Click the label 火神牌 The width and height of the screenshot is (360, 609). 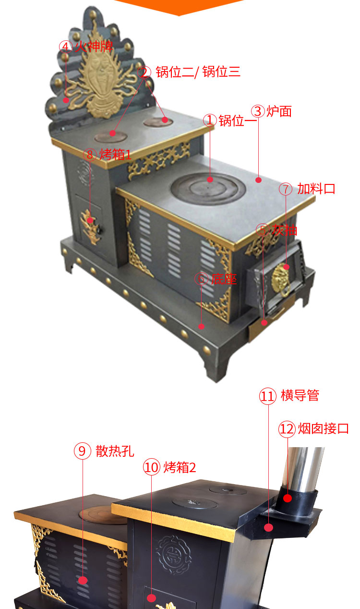(x=94, y=46)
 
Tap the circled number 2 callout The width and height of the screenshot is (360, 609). (x=144, y=72)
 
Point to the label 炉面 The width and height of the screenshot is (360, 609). (x=279, y=111)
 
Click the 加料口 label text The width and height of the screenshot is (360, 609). (x=316, y=188)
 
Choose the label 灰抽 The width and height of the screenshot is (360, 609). (x=285, y=230)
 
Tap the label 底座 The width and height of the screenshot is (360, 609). (x=224, y=279)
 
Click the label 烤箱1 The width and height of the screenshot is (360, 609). (x=115, y=155)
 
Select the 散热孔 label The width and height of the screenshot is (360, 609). (x=115, y=451)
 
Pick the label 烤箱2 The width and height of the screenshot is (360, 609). (x=180, y=467)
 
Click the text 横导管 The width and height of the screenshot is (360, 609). (x=300, y=395)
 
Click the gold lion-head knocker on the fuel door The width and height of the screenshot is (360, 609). (x=281, y=279)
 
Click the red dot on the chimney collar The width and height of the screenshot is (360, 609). (x=288, y=499)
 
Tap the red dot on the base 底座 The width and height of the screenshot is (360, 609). (x=201, y=326)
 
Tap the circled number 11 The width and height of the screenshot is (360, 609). (x=267, y=396)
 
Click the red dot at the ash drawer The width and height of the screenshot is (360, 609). (x=264, y=323)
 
